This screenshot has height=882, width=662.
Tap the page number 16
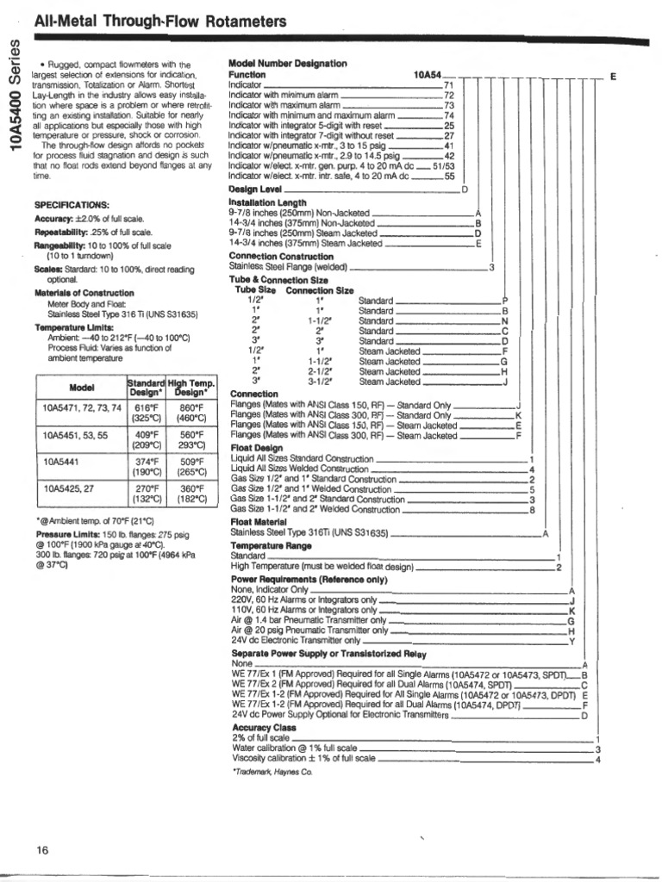(42, 850)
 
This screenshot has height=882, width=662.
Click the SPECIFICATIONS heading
(71, 204)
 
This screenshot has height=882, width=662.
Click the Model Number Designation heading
(287, 64)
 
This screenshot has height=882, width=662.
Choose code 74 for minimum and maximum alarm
(448, 115)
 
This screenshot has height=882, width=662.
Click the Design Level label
(255, 189)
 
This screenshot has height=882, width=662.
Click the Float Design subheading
(256, 448)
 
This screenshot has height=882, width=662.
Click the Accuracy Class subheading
(263, 728)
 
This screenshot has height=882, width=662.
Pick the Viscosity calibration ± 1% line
(303, 759)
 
